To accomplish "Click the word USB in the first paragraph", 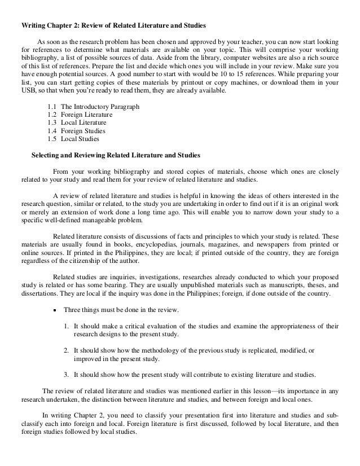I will [x=28, y=91].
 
